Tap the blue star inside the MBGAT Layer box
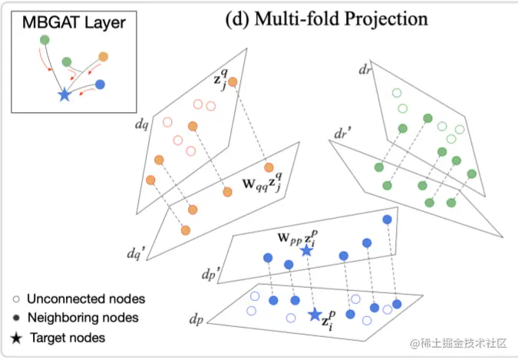(64, 95)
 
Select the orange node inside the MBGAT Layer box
(104, 56)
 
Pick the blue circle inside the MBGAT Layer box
(101, 84)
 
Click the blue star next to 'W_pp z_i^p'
(306, 250)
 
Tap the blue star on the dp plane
(315, 314)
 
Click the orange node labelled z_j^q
(233, 82)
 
